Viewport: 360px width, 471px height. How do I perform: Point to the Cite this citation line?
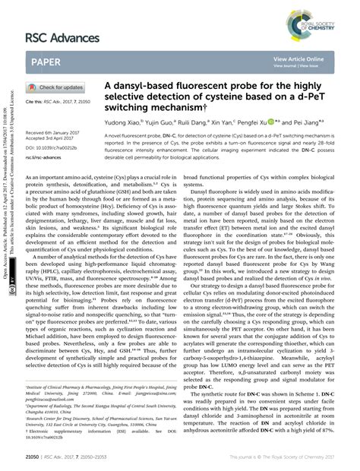[x=56, y=101]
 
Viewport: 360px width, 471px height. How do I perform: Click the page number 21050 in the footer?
[x=33, y=458]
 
